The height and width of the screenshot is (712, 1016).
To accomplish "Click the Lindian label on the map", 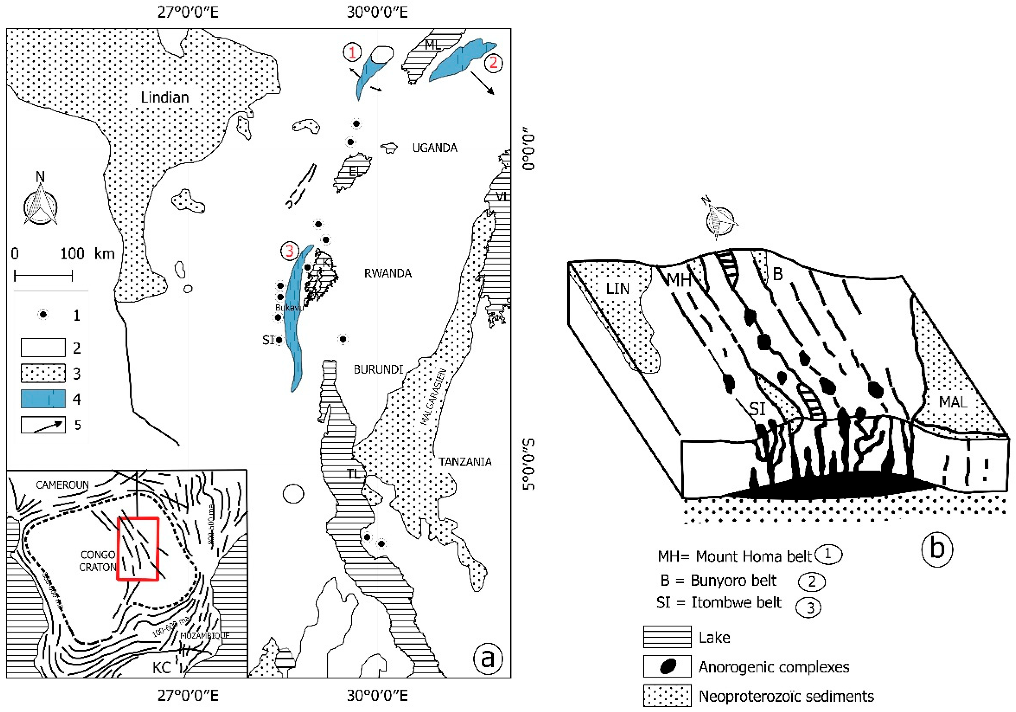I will click(164, 97).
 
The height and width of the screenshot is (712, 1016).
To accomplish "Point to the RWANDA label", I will click(388, 273).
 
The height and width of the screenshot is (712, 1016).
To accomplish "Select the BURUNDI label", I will click(378, 369).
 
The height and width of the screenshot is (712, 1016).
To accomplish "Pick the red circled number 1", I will click(352, 53).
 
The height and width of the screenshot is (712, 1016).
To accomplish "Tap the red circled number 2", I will click(493, 62).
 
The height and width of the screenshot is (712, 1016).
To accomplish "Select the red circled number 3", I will click(289, 251).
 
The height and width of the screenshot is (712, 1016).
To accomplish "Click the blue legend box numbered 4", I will click(43, 399).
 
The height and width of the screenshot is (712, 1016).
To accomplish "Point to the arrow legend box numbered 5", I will click(43, 424).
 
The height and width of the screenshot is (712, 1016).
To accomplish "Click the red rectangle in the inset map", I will click(138, 549).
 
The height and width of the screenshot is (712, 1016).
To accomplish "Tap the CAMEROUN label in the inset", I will click(62, 485).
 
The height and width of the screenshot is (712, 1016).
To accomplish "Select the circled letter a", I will click(488, 658).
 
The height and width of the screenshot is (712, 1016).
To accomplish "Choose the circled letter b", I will click(937, 548).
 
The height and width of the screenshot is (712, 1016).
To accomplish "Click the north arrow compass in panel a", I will click(40, 204).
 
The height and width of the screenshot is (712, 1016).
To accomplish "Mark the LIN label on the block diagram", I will click(617, 289).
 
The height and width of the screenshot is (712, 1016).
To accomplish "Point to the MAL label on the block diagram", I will click(953, 402).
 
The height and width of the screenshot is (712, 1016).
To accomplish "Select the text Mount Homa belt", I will click(754, 556).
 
